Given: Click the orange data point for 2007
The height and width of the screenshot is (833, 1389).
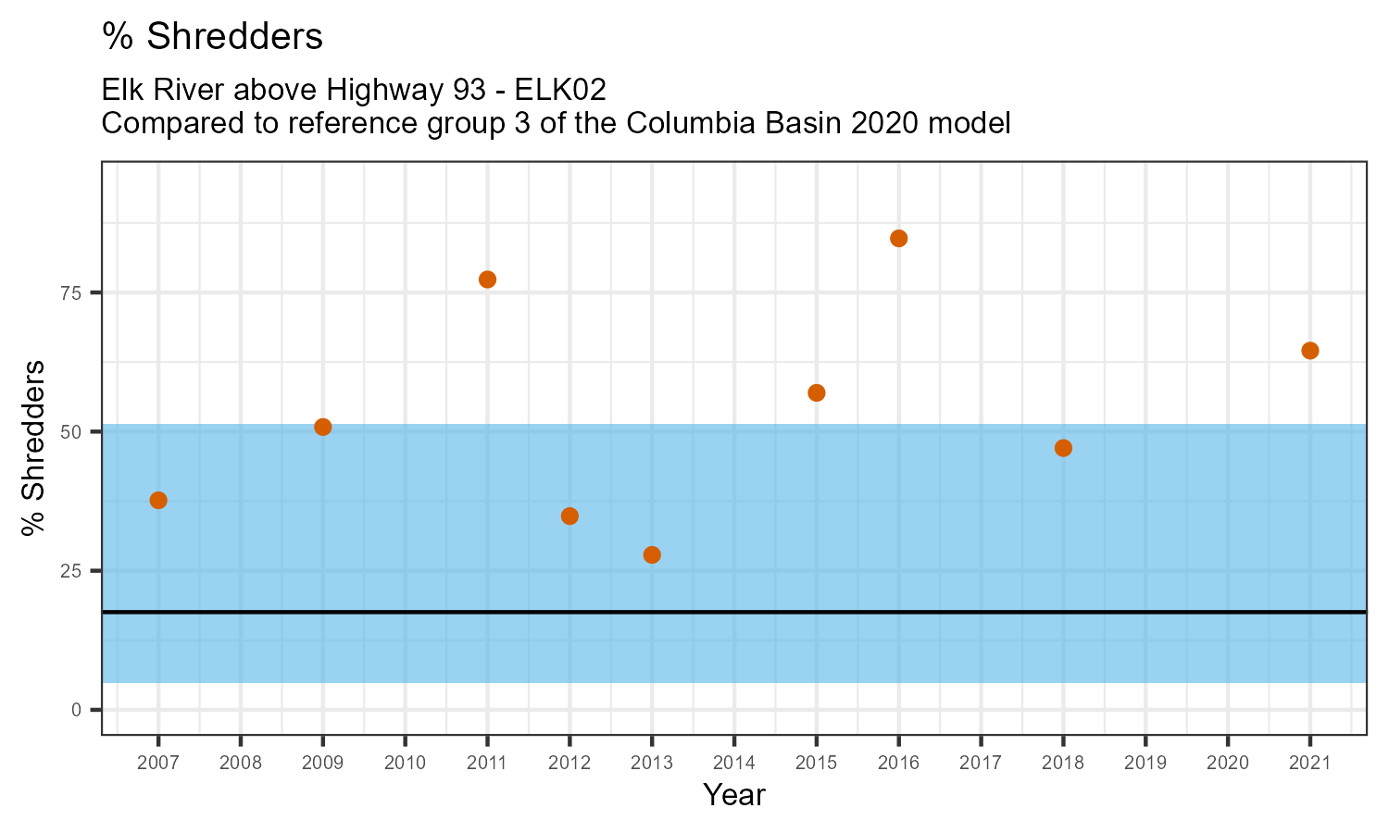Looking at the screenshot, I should click(158, 501).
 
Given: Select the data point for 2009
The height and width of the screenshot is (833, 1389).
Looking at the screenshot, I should click(323, 427).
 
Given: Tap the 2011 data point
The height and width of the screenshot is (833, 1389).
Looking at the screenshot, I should click(487, 280).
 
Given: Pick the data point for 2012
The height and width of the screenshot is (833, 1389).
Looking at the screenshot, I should click(569, 516).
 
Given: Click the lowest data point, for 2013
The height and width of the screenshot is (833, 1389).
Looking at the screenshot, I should click(652, 555).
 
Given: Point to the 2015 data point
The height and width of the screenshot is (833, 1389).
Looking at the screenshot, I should click(817, 392).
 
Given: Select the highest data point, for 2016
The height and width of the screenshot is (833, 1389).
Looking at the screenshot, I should click(898, 239).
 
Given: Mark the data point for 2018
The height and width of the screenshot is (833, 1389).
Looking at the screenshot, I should click(1063, 448).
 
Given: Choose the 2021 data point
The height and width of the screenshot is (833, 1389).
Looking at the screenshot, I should click(1309, 351).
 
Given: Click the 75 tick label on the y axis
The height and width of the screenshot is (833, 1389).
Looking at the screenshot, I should click(71, 292).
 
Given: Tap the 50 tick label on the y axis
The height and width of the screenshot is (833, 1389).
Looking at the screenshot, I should click(71, 432).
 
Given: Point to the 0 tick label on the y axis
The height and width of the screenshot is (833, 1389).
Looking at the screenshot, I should click(77, 710).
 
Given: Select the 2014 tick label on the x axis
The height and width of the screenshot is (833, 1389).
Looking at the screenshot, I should click(734, 764).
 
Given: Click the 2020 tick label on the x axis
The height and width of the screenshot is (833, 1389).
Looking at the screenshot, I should click(1227, 764).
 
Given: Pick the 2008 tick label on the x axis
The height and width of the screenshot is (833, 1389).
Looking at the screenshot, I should click(241, 764).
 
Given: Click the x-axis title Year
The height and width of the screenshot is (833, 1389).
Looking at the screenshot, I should click(734, 795).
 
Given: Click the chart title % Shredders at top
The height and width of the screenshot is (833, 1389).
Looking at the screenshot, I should click(213, 37).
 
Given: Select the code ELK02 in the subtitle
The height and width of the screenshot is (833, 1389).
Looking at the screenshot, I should click(560, 90).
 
